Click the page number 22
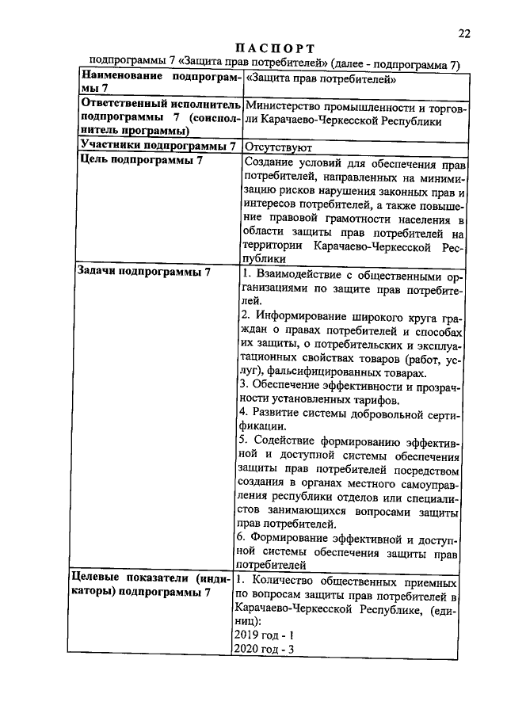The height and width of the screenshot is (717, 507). pyautogui.click(x=464, y=32)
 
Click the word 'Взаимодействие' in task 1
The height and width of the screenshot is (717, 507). pyautogui.click(x=296, y=273)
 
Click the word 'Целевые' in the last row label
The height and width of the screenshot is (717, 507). pyautogui.click(x=101, y=578)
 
